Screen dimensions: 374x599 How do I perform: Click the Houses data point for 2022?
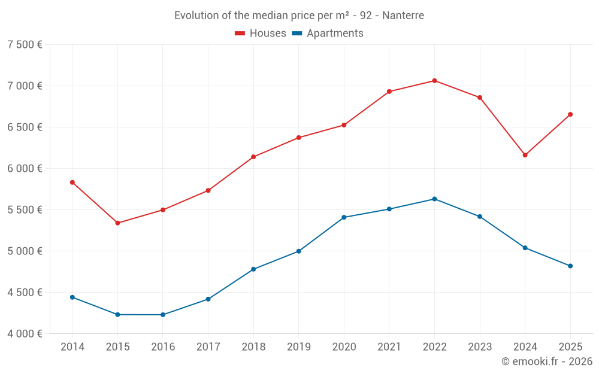(434, 81)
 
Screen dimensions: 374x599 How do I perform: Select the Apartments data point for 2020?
(344, 217)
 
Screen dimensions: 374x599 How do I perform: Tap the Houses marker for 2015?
(117, 223)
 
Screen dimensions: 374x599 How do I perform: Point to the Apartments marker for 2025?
(570, 266)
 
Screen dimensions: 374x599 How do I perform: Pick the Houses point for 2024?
(525, 155)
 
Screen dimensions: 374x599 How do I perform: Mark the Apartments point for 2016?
(163, 315)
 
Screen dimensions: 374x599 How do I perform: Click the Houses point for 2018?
(253, 157)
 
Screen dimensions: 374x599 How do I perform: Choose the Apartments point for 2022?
(434, 199)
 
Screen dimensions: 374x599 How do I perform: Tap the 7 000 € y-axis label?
(25, 86)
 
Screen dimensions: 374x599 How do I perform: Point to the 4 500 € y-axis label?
(25, 292)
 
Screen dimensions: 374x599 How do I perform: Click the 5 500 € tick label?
(25, 209)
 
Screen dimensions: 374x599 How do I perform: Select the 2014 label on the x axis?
(72, 346)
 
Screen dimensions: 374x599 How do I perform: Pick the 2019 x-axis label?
(298, 346)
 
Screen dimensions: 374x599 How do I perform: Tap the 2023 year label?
(480, 346)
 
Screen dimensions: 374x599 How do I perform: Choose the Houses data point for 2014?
(72, 183)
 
